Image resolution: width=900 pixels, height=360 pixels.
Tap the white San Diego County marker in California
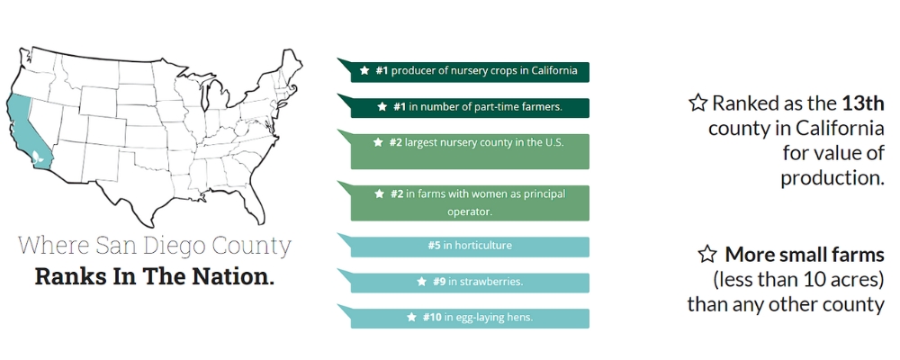(x=36, y=157)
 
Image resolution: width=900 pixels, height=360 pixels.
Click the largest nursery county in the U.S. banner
(x=470, y=148)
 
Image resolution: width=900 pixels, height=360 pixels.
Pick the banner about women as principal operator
(x=470, y=202)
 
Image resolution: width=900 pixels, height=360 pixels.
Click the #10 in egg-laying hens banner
(x=470, y=318)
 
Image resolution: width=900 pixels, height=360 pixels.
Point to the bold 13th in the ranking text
(x=863, y=103)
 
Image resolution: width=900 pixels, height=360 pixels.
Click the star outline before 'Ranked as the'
(x=697, y=103)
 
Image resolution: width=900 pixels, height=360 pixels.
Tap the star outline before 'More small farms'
(x=708, y=254)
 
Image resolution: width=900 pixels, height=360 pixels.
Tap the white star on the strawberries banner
(x=421, y=282)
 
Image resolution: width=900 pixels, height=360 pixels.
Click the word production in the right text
(x=832, y=178)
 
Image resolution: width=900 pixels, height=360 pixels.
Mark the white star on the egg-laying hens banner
(x=412, y=318)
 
